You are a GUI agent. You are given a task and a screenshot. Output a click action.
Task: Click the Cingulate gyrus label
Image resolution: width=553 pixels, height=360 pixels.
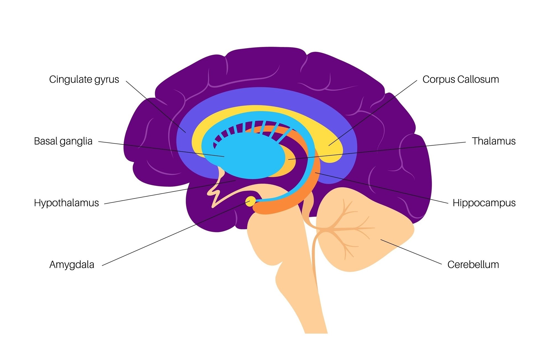tap(84, 80)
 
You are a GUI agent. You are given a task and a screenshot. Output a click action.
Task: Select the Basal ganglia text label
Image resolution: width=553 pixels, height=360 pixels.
tap(63, 141)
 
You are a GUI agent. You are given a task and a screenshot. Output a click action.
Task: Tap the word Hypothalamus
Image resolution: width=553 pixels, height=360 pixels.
tap(66, 203)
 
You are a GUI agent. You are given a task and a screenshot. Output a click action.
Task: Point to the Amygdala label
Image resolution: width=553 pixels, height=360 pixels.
tap(72, 265)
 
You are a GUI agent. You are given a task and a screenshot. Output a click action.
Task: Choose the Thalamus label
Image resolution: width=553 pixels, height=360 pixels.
tap(494, 141)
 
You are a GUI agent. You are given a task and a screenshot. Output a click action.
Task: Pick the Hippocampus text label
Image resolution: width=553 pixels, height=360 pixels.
tap(484, 203)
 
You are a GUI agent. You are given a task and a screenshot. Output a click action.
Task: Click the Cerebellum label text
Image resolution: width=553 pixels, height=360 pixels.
tap(473, 265)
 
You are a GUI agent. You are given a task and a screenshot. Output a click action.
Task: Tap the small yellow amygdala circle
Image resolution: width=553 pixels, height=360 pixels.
tap(251, 201)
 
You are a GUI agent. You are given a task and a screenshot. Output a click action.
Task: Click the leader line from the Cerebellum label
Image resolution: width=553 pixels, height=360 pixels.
tap(411, 252)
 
